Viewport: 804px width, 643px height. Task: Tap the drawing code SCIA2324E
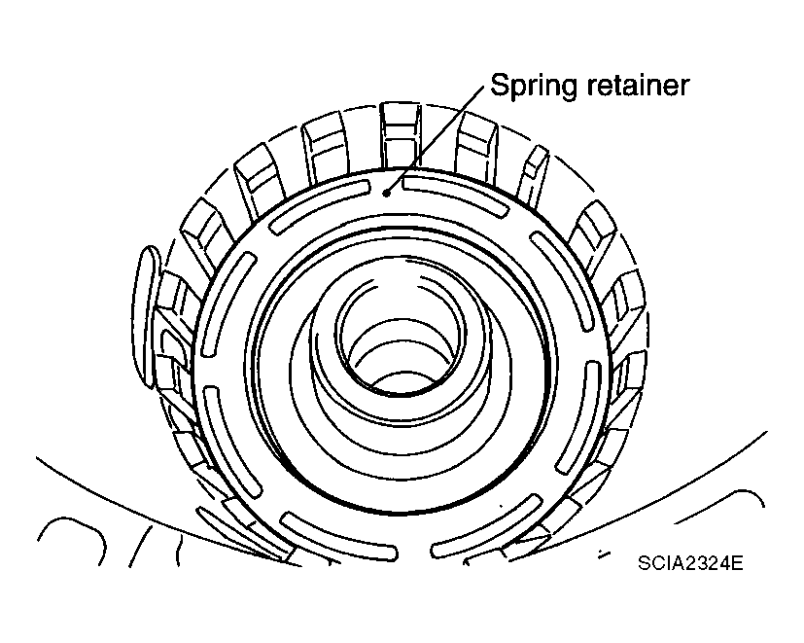click(691, 564)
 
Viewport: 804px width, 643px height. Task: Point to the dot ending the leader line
click(387, 193)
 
